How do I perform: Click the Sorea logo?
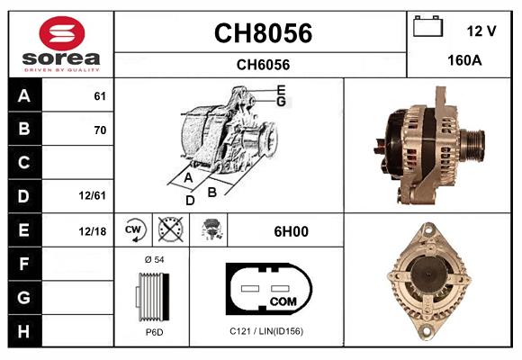(61, 44)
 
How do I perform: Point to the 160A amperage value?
(465, 61)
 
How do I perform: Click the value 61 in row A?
(100, 95)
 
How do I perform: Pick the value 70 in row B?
(100, 130)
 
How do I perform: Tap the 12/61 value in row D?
(94, 193)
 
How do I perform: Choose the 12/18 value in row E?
(94, 231)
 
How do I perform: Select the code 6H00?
(291, 231)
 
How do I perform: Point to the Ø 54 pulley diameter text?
(153, 260)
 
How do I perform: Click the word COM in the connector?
(283, 300)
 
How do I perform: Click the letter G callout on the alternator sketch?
(281, 102)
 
